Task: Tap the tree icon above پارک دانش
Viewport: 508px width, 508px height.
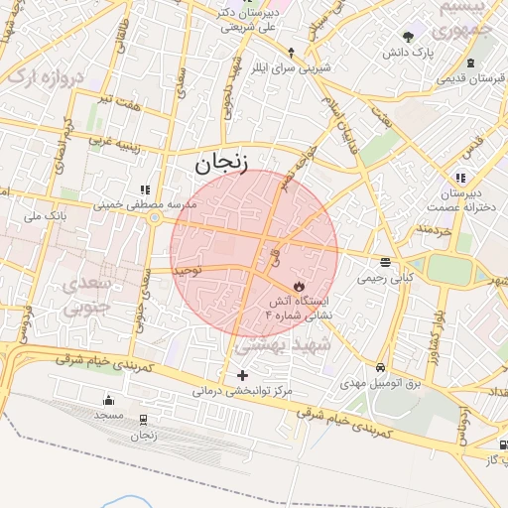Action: click(x=408, y=37)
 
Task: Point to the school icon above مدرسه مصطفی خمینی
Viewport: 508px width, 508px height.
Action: click(x=146, y=189)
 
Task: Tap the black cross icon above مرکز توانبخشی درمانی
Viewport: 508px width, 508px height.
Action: click(x=243, y=375)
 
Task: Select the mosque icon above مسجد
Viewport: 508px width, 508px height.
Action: click(x=108, y=400)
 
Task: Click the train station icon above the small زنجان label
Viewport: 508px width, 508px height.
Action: click(x=144, y=420)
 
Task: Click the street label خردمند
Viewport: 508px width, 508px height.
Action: click(x=434, y=230)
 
